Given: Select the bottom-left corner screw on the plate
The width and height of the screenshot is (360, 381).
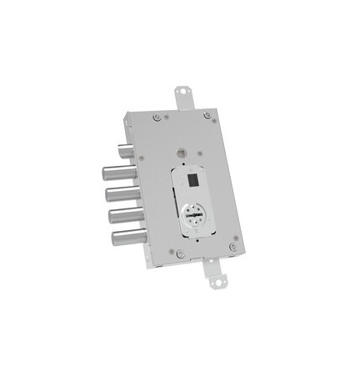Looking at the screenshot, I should [x=177, y=253].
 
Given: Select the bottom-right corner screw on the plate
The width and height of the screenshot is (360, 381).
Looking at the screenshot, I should [x=232, y=247].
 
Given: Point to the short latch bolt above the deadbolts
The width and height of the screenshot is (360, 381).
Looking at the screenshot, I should [x=124, y=152].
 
